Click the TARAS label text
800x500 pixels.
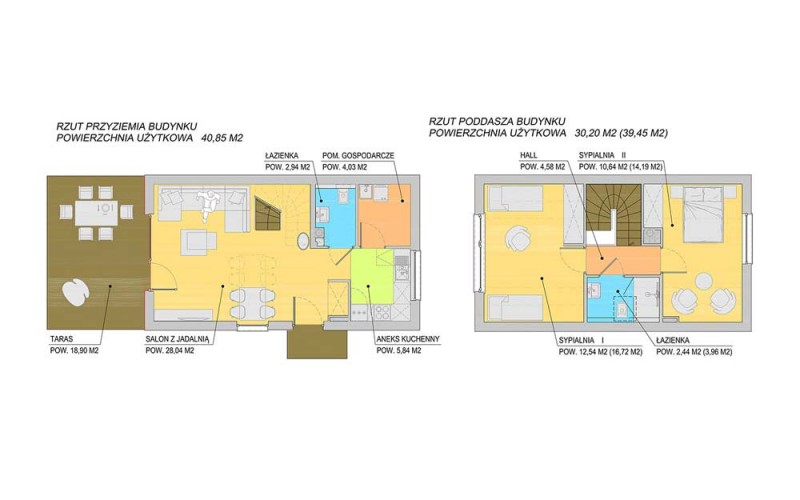click(61, 339)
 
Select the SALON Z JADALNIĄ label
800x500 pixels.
click(177, 339)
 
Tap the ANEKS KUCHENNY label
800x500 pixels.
click(408, 339)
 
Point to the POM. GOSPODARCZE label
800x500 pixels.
click(358, 156)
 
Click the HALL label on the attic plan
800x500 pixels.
click(529, 155)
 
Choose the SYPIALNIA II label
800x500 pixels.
click(602, 155)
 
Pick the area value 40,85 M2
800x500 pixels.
click(222, 138)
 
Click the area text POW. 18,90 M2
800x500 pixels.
click(73, 351)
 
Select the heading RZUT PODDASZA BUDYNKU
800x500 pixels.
click(497, 122)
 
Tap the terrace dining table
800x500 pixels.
click(96, 213)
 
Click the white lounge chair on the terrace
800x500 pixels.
click(76, 292)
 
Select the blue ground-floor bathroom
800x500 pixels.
click(335, 217)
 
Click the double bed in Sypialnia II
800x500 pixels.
click(704, 214)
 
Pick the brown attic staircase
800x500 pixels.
click(613, 214)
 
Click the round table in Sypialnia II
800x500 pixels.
click(705, 282)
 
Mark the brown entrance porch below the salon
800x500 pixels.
click(317, 341)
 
